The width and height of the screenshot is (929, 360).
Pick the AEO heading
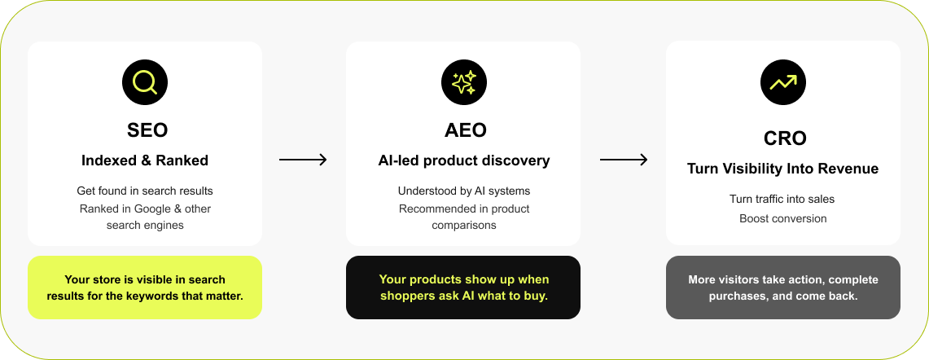click(463, 130)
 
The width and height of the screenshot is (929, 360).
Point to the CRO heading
click(783, 138)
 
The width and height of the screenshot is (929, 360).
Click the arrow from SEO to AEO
click(303, 160)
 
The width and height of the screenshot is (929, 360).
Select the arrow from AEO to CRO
click(624, 160)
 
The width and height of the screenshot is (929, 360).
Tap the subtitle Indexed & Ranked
click(145, 160)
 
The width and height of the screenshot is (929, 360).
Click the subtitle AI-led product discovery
click(463, 160)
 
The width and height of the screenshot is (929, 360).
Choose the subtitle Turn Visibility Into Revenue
click(783, 169)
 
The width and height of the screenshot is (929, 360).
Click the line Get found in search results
click(145, 191)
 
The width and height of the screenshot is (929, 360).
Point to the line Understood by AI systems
click(463, 191)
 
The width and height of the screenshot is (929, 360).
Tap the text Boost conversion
click(783, 218)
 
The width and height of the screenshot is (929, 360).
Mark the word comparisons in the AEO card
click(463, 225)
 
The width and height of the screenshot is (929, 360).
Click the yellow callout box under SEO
click(145, 288)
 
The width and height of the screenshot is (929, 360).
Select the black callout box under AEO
click(463, 288)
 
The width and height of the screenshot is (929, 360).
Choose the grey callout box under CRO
click(783, 288)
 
